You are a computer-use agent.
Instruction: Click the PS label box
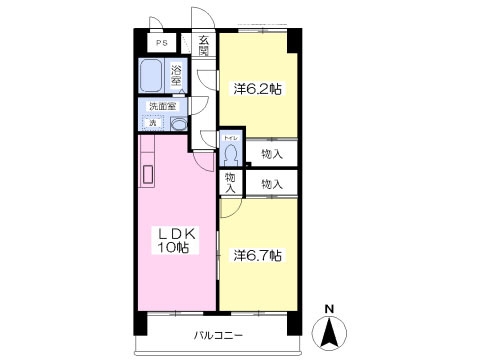[x=160, y=44]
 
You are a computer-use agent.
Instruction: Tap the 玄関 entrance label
[x=203, y=46]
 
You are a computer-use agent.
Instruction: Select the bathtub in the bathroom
[x=153, y=76]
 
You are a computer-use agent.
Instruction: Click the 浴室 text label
[x=177, y=76]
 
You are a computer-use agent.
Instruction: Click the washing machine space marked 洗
[x=153, y=123]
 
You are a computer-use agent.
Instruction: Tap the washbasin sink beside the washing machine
[x=177, y=123]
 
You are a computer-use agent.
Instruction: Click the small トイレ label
[x=230, y=137]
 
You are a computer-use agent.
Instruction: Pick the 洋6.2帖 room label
[x=258, y=89]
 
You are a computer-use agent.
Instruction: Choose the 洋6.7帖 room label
[x=258, y=255]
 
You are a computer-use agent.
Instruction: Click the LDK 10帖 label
[x=177, y=240]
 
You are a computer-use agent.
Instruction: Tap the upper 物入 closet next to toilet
[x=271, y=154]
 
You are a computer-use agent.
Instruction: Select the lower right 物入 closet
[x=271, y=184]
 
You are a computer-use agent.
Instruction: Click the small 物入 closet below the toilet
[x=230, y=183]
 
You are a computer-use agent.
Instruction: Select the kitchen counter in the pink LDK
[x=148, y=170]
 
